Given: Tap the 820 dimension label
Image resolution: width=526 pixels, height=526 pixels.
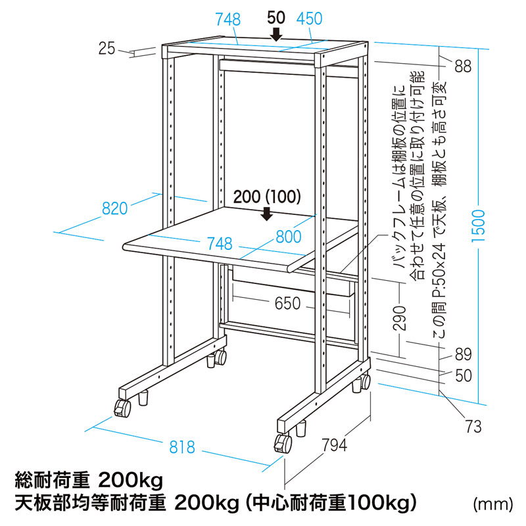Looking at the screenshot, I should pos(114,209).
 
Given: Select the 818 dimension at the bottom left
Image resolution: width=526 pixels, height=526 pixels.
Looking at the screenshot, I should pos(182,447).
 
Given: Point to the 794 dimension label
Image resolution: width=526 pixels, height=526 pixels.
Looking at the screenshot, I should pos(334,445).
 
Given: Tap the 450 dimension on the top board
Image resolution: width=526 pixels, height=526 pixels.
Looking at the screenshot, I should pos(309,20).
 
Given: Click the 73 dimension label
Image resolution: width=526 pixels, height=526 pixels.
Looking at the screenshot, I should pos(473,427).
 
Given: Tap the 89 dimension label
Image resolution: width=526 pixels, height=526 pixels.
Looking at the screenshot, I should pos(463,355).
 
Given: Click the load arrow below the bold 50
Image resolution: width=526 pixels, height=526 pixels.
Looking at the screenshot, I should pos(277,34).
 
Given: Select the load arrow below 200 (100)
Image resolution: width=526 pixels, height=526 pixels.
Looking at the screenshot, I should pos(267,214).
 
